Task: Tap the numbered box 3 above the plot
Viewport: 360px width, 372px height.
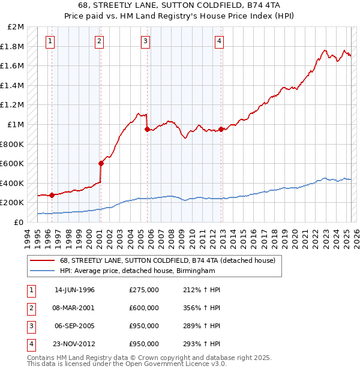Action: [x=146, y=41]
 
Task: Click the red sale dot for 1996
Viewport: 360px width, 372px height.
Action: [x=52, y=195]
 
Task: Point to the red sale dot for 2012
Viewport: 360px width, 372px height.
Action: [x=221, y=129]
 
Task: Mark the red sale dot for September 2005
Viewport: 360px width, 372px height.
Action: [x=147, y=129]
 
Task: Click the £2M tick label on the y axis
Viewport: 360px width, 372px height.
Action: [x=16, y=27]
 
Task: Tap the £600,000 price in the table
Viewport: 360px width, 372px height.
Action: [x=144, y=308]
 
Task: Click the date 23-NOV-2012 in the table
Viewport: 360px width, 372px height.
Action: [x=74, y=344]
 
